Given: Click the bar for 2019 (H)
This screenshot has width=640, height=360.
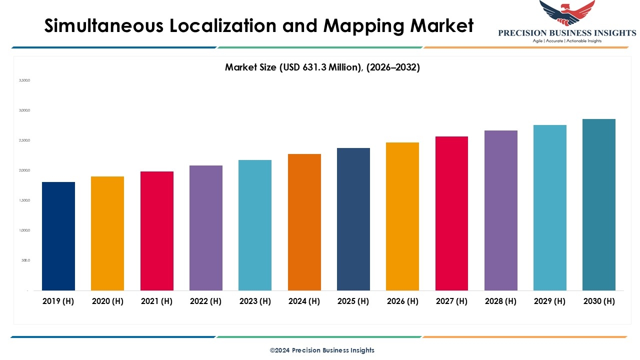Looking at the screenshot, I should click(x=58, y=236).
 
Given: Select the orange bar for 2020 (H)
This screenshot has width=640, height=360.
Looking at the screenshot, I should click(x=107, y=233).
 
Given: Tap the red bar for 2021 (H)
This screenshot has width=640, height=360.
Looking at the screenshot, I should click(x=157, y=230).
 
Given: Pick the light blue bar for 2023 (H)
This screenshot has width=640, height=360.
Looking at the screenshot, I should click(x=255, y=225).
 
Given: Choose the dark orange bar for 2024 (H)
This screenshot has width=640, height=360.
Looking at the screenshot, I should click(x=304, y=222).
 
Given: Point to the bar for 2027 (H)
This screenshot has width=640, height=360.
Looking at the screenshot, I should click(x=451, y=213).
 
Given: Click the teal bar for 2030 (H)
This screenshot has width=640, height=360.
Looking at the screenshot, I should click(x=599, y=204).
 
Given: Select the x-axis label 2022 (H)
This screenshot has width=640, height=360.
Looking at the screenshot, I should click(x=206, y=301).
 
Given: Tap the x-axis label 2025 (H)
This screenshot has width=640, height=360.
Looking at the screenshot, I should click(x=353, y=301).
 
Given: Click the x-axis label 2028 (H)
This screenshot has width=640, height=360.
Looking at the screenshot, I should click(x=500, y=301).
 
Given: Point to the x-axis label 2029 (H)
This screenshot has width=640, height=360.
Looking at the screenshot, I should click(x=550, y=301).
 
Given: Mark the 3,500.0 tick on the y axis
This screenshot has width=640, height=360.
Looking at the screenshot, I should click(x=25, y=80).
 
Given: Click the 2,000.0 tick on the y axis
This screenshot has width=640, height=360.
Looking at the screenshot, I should click(x=25, y=170).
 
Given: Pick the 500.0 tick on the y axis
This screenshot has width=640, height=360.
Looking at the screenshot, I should click(x=25, y=260).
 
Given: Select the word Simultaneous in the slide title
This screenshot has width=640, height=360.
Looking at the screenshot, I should click(x=104, y=26).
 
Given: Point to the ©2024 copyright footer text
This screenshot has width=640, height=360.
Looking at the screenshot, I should click(x=322, y=350).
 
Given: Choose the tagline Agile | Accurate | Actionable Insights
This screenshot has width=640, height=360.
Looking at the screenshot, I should click(x=567, y=41).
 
